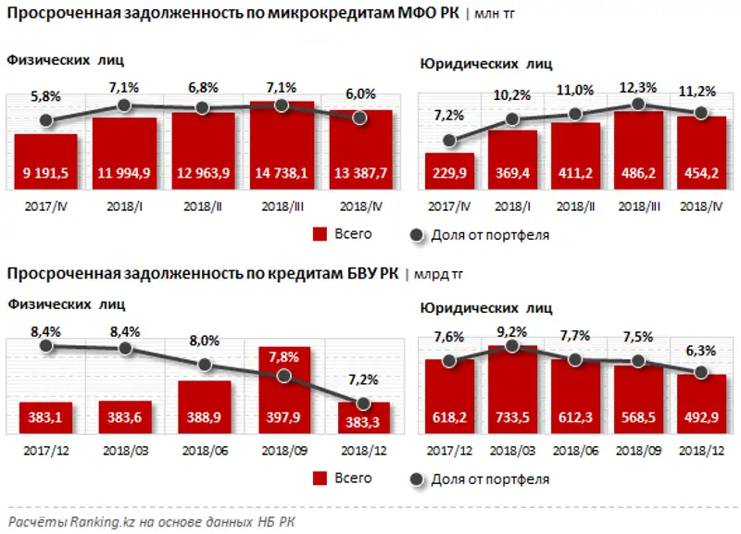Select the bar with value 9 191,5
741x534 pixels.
click(45, 161)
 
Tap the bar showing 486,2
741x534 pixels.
click(638, 149)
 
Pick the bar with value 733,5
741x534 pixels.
click(512, 390)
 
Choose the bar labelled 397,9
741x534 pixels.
click(283, 388)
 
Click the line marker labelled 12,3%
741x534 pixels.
click(638, 105)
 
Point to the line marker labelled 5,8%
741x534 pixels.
click(45, 119)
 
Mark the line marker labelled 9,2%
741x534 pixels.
click(512, 347)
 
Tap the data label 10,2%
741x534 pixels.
click(511, 94)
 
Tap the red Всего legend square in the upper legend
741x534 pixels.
click(321, 234)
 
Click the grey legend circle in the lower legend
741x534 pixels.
click(416, 478)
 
